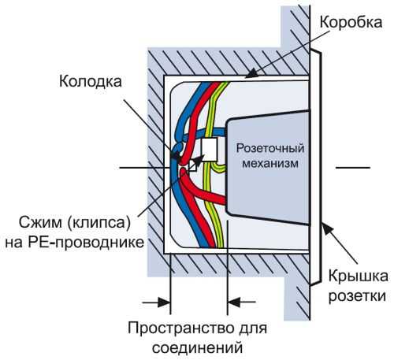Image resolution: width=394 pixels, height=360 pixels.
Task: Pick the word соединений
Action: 195,347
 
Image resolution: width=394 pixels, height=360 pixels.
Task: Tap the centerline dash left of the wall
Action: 134,167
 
